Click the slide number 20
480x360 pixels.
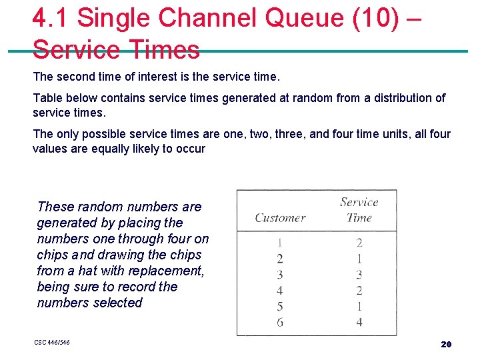[446, 344]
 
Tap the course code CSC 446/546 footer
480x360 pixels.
[52, 343]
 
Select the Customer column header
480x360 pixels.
[280, 217]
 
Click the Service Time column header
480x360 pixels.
[359, 209]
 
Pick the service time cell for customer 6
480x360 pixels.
[359, 322]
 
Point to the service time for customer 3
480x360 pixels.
[359, 275]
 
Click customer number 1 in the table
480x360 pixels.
[280, 243]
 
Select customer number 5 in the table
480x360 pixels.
[280, 307]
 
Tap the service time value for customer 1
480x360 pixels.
[359, 243]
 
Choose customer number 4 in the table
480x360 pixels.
[280, 291]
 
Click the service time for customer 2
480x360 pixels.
[359, 259]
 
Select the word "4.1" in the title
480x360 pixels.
[51, 19]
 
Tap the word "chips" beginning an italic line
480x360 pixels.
[54, 255]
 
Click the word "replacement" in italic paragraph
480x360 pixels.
[167, 271]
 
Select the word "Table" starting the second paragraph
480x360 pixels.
[47, 98]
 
